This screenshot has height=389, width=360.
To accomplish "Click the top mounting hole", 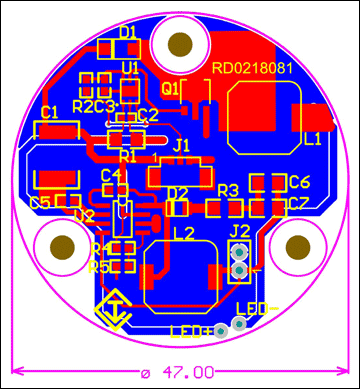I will coord(181,45).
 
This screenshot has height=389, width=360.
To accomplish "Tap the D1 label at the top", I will coord(128,32).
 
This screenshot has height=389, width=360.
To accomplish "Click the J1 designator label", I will coord(181,145).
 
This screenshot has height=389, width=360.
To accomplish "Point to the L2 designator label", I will coord(183,233).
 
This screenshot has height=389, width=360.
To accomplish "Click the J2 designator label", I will coord(240,231).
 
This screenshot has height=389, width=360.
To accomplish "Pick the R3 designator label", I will coord(228,190).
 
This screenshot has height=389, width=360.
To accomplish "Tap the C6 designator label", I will coord(298,182).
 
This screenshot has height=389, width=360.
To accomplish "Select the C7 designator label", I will coord(298,204).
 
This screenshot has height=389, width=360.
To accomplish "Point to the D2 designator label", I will coord(178,192).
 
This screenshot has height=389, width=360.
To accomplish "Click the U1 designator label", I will coord(130,68).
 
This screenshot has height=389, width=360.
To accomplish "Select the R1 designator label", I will coord(127,156).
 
